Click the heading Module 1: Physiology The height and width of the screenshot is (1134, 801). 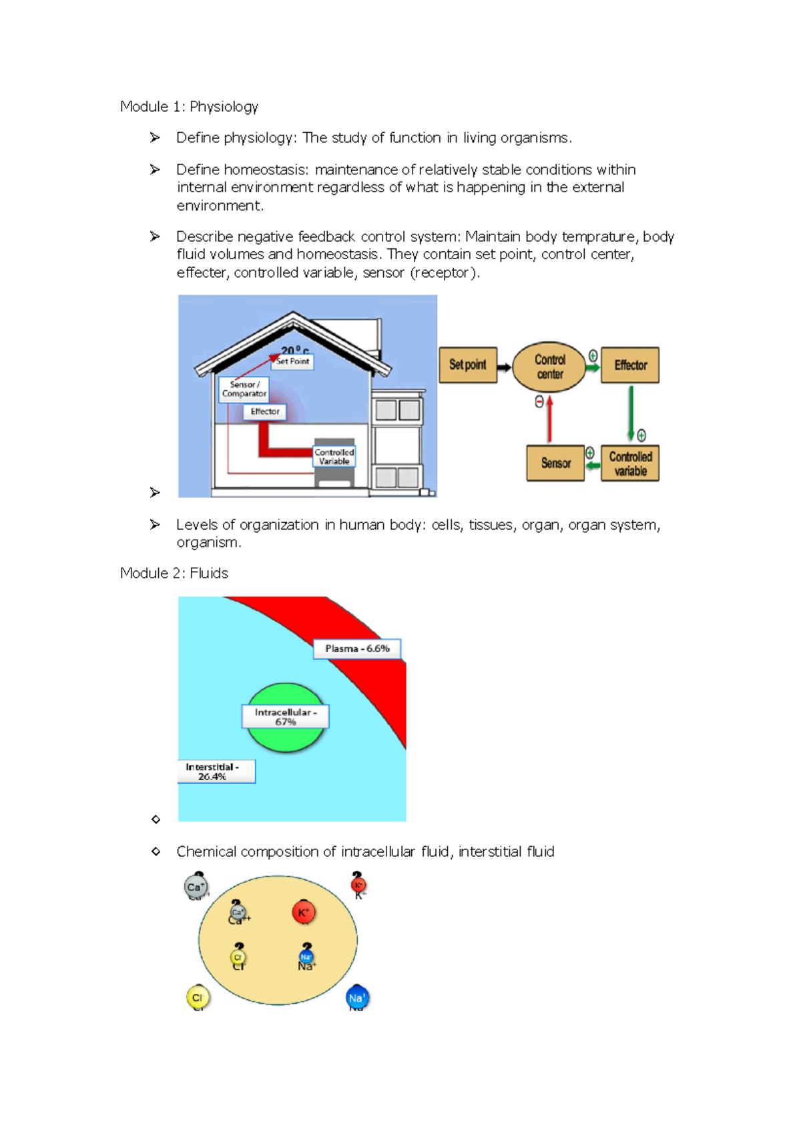click(x=189, y=107)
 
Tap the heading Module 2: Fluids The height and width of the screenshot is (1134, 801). click(x=174, y=573)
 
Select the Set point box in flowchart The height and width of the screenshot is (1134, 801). click(x=468, y=365)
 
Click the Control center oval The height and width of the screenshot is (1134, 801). click(x=549, y=367)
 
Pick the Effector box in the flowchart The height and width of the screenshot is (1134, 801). click(x=630, y=365)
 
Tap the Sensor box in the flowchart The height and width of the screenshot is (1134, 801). click(x=555, y=463)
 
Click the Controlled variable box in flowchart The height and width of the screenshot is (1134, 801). click(x=630, y=463)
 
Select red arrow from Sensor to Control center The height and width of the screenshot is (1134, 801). click(x=549, y=419)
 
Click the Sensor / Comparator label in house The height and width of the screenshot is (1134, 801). click(x=244, y=389)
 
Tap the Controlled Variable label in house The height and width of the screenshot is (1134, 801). click(x=334, y=457)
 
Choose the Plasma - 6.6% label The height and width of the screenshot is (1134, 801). click(x=357, y=648)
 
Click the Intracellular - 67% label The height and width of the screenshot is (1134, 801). click(x=285, y=717)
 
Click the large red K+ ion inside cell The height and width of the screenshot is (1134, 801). click(x=304, y=912)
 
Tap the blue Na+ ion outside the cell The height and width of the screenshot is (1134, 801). click(x=357, y=998)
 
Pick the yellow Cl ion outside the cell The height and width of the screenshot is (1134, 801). click(x=198, y=998)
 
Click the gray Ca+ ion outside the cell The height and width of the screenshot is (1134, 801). click(x=196, y=887)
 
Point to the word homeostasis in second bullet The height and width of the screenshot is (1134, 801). click(x=266, y=170)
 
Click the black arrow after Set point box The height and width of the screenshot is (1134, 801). click(x=505, y=367)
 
